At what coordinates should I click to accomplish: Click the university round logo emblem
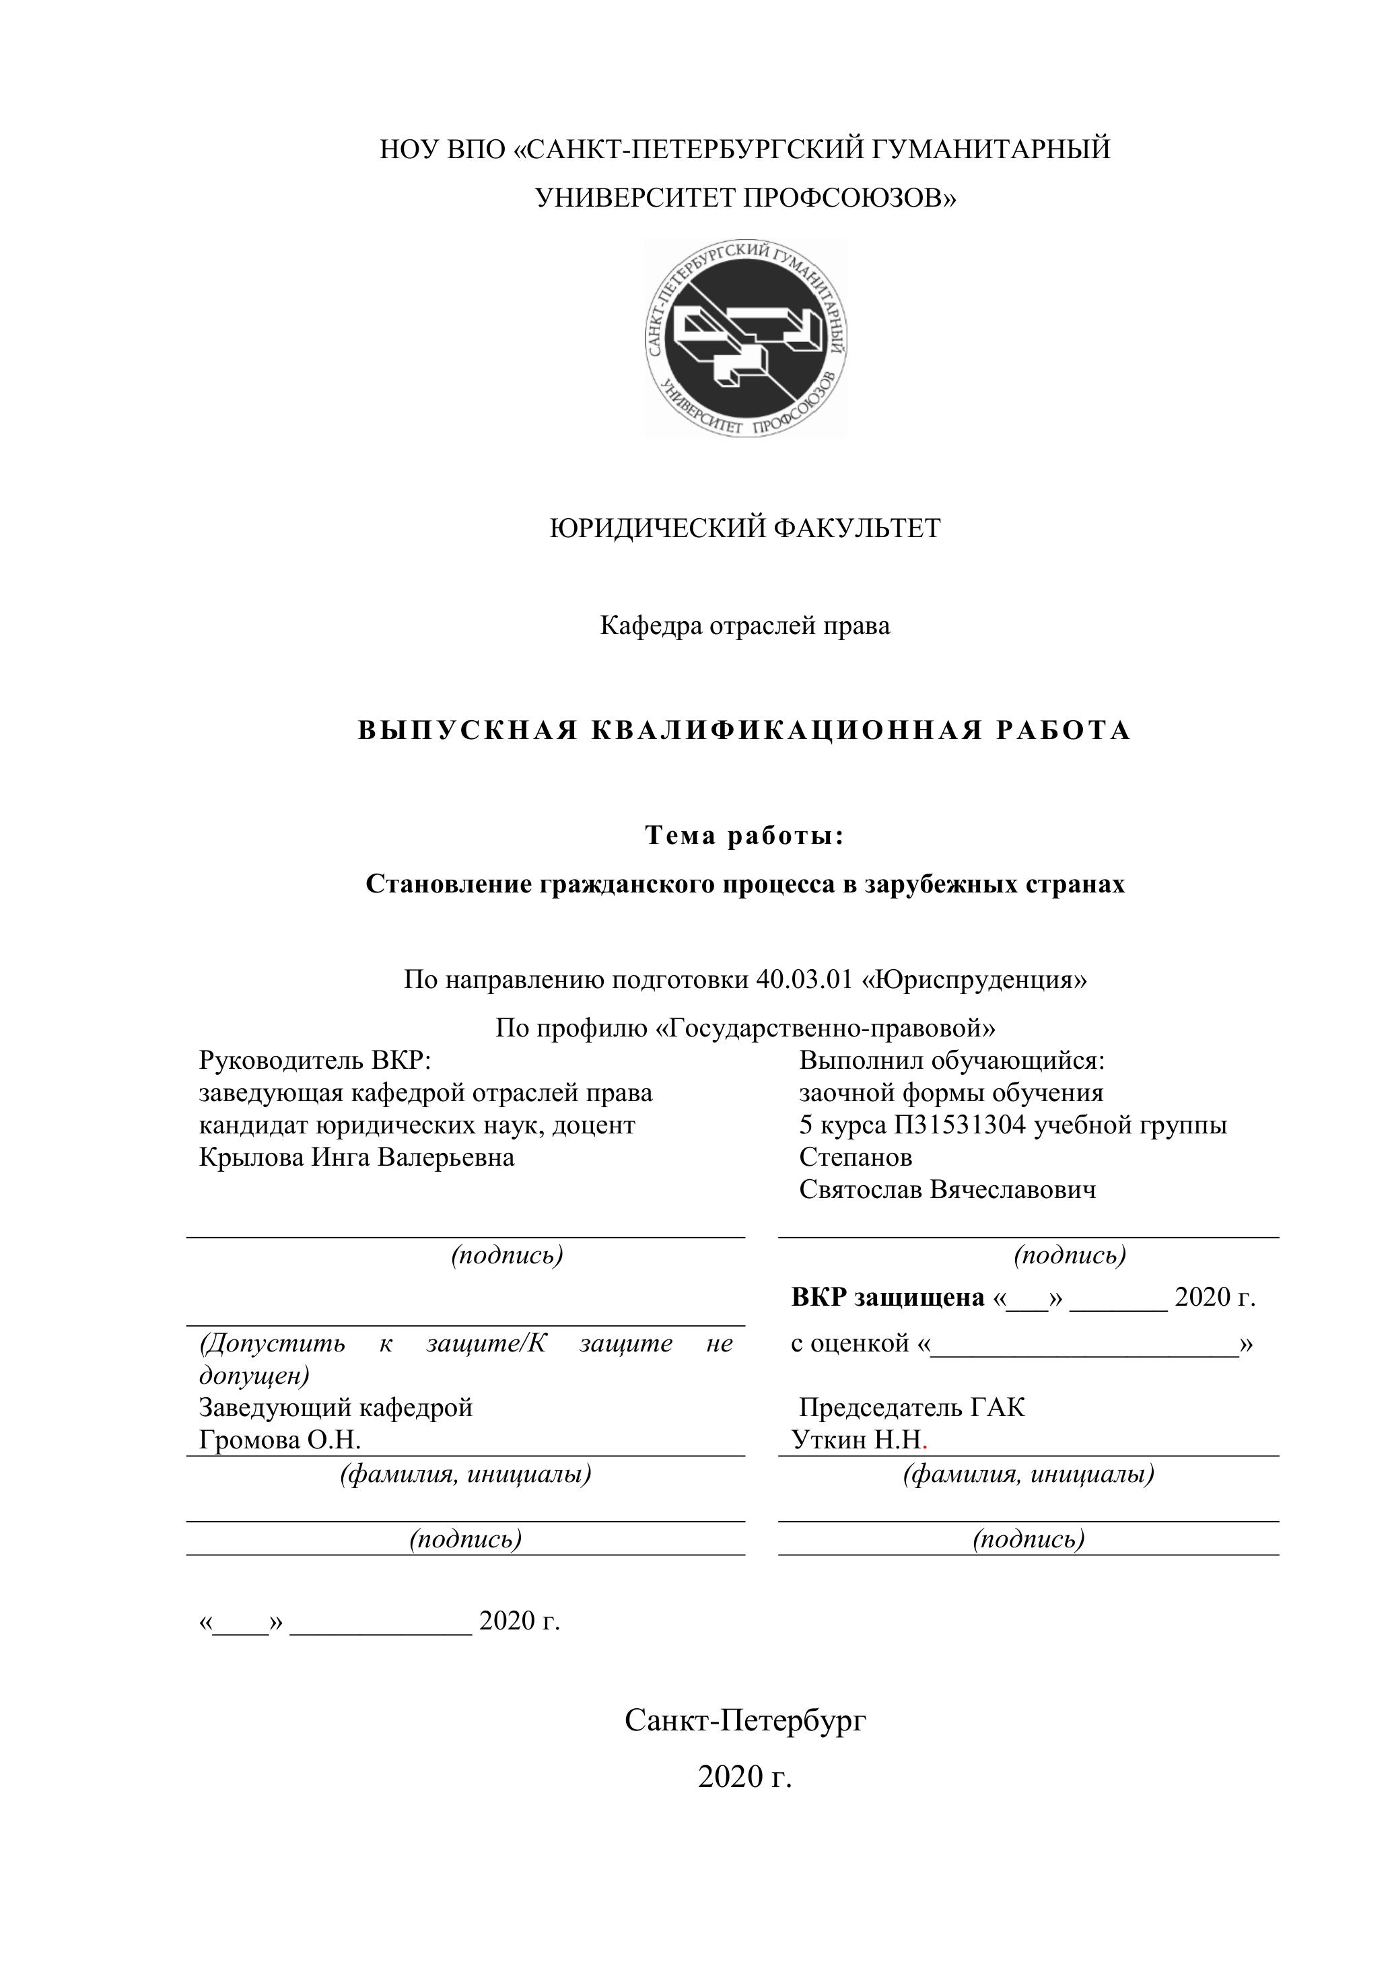[x=746, y=339]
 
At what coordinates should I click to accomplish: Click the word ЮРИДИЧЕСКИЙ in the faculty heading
[x=658, y=528]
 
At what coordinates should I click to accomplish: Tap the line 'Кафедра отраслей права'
[x=745, y=626]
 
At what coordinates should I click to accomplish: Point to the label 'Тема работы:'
[x=745, y=836]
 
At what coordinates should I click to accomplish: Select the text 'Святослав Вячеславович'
[x=947, y=1190]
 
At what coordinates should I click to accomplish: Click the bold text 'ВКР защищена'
[x=887, y=1298]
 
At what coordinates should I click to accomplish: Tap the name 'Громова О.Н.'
[x=279, y=1440]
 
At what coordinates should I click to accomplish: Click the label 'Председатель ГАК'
[x=911, y=1407]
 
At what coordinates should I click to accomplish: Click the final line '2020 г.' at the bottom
[x=745, y=1777]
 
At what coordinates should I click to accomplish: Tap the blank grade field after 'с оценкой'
[x=1084, y=1344]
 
